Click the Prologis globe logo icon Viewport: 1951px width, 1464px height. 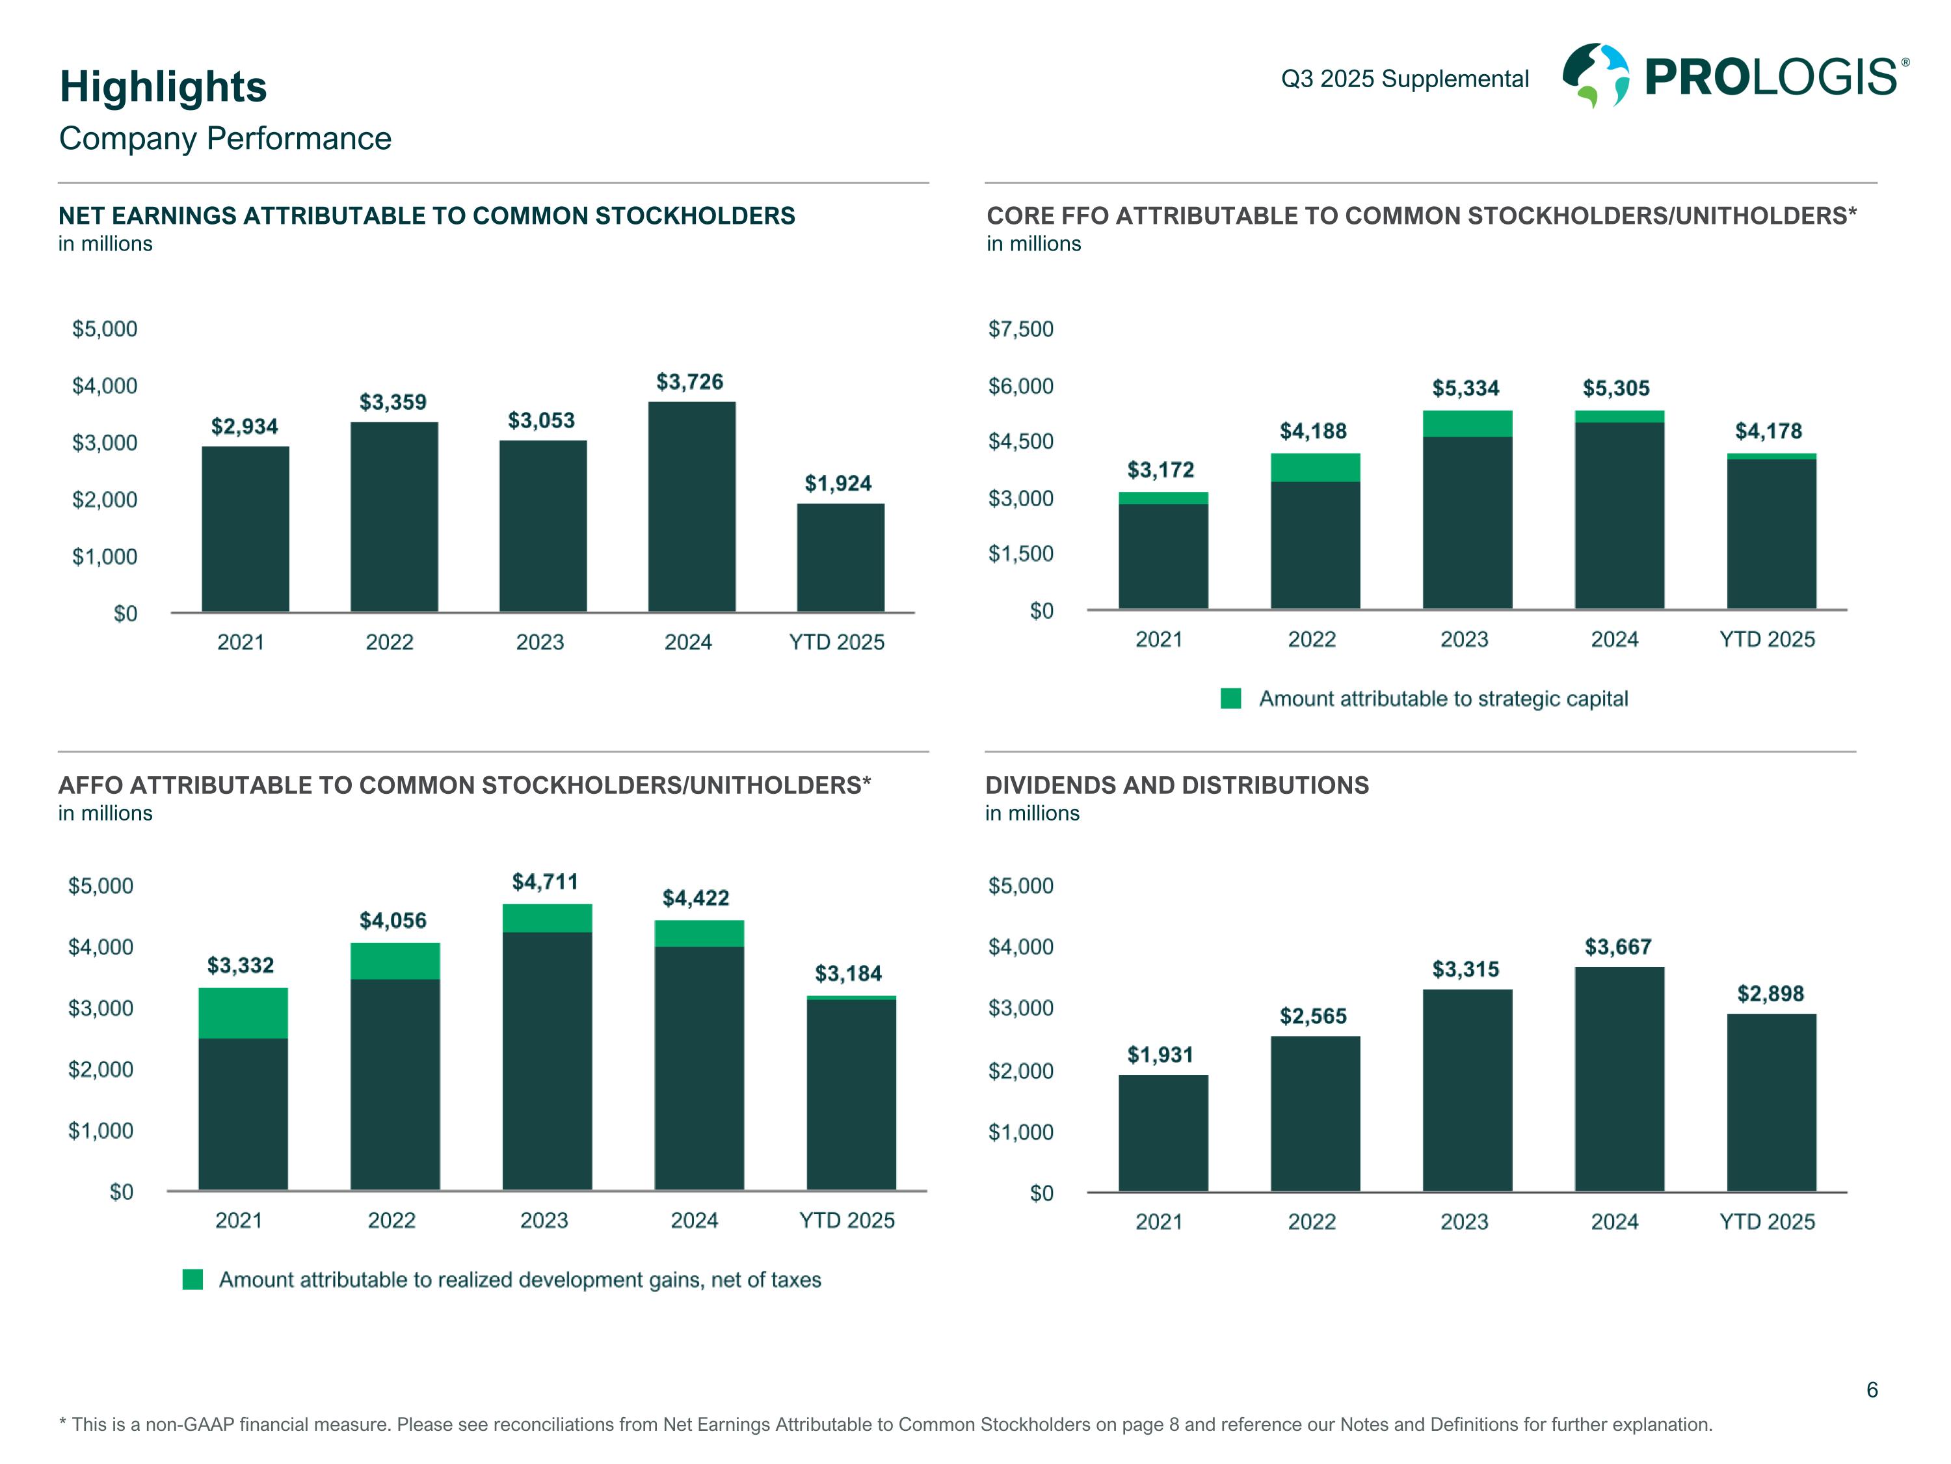1595,76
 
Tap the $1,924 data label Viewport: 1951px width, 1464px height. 837,483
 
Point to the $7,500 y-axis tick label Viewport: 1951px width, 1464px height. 1020,329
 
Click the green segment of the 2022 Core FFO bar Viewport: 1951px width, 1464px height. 1315,468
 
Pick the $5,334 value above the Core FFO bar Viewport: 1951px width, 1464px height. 1465,388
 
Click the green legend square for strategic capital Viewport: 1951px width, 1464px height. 1230,699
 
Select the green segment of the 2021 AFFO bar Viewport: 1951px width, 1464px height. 243,1013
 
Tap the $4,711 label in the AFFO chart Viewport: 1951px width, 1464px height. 545,882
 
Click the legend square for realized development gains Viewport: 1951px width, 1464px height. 192,1280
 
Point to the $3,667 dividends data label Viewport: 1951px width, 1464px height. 1617,947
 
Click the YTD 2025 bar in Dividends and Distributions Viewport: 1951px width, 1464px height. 1771,1103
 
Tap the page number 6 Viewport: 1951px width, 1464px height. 1872,1390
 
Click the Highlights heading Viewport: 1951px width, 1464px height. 163,87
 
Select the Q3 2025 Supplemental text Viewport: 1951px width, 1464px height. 1404,79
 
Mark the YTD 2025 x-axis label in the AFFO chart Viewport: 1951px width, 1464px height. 847,1221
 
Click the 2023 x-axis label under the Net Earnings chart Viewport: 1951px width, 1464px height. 540,642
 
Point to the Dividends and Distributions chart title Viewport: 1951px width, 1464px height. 1176,785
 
